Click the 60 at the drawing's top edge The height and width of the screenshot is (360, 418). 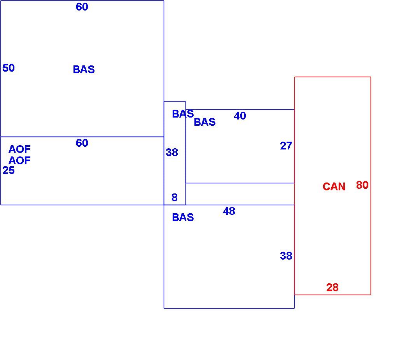coord(82,7)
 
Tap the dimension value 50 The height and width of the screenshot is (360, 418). coord(9,68)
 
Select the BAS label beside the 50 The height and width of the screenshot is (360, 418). coord(84,69)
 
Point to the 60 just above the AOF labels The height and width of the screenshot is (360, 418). coord(82,143)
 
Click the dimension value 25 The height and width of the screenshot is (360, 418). coord(9,170)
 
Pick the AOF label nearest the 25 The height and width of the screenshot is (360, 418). coord(19,160)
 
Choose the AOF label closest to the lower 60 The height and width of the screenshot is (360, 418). coord(19,149)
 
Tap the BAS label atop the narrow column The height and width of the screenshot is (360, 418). coord(183,114)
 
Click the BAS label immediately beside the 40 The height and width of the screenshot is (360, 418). coord(205,122)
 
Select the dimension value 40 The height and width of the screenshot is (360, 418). coord(240,116)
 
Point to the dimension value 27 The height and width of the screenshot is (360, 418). coord(286,146)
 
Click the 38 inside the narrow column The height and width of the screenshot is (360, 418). coord(172,153)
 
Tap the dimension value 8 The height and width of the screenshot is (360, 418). coord(175,197)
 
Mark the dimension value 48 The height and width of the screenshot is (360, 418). coord(229,211)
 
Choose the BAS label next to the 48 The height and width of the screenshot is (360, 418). coord(183,217)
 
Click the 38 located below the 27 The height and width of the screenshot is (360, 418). coord(286,256)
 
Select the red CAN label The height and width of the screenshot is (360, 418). coord(334,186)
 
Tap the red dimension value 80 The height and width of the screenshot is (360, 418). coord(362,185)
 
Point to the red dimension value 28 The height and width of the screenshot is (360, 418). coord(332,287)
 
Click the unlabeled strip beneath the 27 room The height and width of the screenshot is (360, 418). coord(240,194)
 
